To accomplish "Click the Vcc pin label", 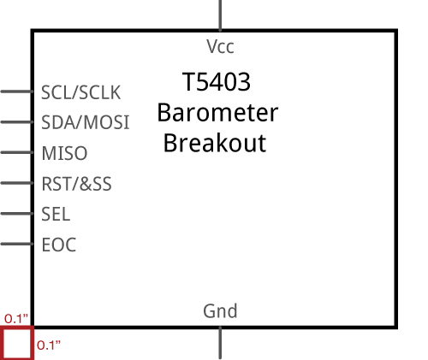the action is click(x=220, y=47).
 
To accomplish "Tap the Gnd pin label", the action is click(x=220, y=311).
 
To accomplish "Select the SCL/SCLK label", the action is click(x=81, y=92).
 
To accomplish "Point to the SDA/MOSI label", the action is click(x=86, y=122).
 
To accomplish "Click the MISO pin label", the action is click(x=64, y=153).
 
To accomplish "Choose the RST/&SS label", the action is click(x=76, y=184).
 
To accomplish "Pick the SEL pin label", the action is click(x=56, y=214).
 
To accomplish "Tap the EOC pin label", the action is click(x=59, y=245).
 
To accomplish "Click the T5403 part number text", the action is click(x=217, y=82).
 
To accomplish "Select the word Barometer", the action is click(x=217, y=113).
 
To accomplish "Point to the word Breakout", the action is click(x=215, y=143).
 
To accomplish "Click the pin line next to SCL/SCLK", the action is click(x=17, y=91).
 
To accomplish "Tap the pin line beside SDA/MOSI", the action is click(x=17, y=122).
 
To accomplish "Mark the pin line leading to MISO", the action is click(x=17, y=152).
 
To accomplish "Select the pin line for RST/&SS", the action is click(x=17, y=183).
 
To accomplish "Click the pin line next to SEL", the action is click(x=17, y=214).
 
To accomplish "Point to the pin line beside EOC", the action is click(x=17, y=244).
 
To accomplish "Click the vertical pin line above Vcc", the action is click(x=220, y=15).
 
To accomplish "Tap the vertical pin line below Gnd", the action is click(x=220, y=343).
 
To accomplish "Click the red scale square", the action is click(x=3, y=343).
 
